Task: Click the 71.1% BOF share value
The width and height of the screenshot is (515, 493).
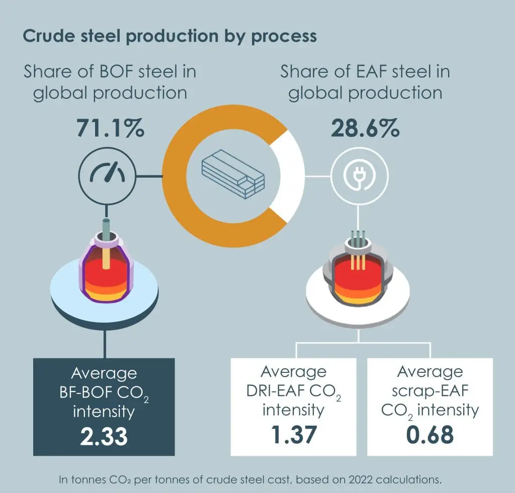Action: [x=110, y=128]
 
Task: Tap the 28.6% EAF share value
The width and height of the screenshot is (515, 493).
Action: [x=365, y=128]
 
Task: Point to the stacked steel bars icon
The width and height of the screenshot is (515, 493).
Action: [x=233, y=174]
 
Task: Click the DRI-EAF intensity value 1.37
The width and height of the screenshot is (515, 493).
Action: [x=294, y=435]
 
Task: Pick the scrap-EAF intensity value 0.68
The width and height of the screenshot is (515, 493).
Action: [x=430, y=435]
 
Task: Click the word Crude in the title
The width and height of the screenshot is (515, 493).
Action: [x=49, y=36]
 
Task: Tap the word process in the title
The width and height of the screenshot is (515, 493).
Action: [x=284, y=37]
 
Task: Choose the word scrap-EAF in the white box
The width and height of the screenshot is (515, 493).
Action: [x=430, y=391]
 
